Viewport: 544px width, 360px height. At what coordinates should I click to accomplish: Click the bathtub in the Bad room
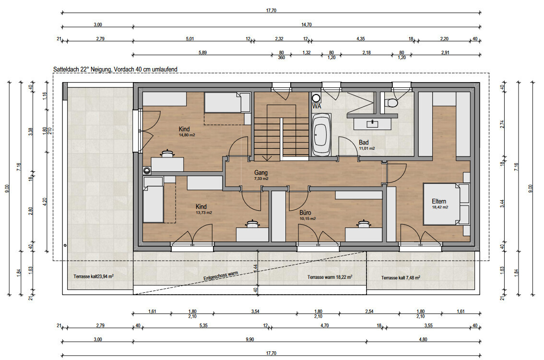tap(321, 135)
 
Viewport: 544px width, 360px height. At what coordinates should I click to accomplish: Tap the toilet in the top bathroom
tap(392, 103)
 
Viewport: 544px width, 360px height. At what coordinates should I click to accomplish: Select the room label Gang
tap(261, 172)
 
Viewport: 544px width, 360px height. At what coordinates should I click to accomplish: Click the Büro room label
tap(305, 213)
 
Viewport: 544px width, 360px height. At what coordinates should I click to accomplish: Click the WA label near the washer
tap(317, 106)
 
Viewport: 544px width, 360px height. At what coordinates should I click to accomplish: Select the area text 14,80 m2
tap(187, 135)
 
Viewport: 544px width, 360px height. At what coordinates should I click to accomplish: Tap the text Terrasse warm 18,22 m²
tap(330, 277)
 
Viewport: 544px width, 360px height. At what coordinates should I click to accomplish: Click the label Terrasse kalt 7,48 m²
tap(401, 278)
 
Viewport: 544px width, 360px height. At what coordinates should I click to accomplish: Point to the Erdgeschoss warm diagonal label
tap(221, 276)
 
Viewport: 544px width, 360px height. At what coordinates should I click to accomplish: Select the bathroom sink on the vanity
tap(372, 123)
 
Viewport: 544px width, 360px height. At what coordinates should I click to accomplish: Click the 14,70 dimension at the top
tap(307, 24)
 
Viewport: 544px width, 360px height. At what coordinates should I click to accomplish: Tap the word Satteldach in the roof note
tap(66, 70)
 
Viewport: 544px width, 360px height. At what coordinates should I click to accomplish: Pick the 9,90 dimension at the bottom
tap(250, 339)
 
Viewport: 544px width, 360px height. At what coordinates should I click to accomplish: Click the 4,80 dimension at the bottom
tap(423, 339)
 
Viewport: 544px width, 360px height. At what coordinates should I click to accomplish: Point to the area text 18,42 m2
tap(440, 207)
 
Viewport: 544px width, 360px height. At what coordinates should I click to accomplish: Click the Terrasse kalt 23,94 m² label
tap(94, 276)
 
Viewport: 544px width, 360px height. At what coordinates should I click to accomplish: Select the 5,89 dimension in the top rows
tap(202, 53)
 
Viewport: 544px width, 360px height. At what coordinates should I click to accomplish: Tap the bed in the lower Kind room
tap(153, 200)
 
